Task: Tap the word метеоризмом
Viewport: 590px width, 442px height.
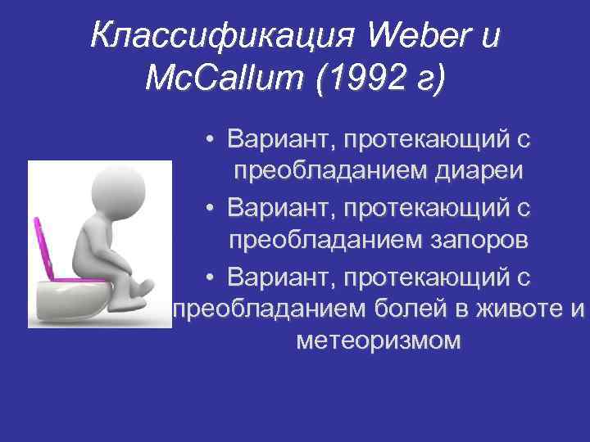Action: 378,340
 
